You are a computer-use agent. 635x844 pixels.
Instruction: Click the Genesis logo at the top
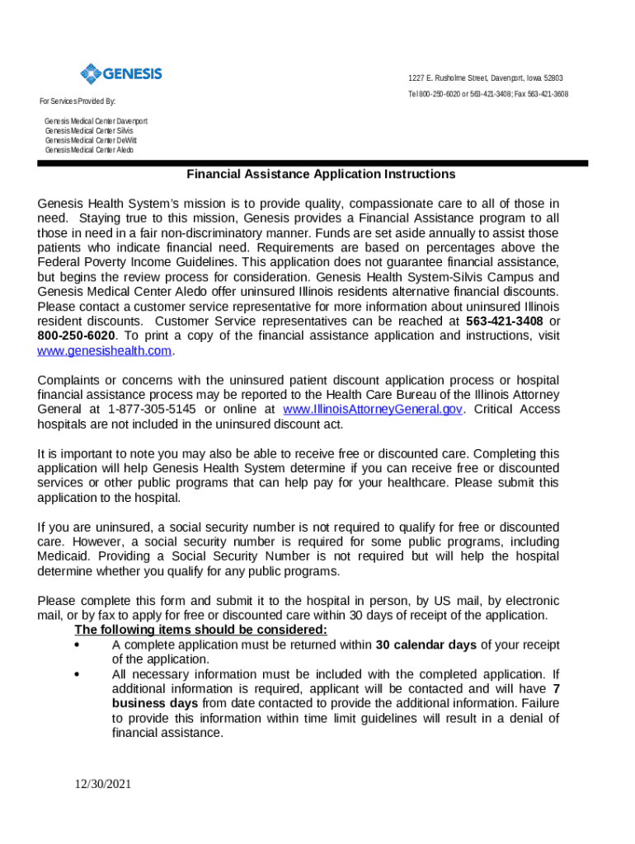tap(120, 75)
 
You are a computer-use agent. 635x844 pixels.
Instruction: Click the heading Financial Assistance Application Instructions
tap(321, 175)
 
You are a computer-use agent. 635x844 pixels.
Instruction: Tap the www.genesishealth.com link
tap(106, 350)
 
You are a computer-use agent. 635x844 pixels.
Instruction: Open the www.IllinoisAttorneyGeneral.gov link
tap(372, 410)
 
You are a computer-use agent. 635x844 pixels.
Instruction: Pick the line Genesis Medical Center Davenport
tap(96, 121)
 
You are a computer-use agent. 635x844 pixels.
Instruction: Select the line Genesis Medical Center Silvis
tap(88, 131)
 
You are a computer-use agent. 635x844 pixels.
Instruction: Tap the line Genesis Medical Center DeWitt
tap(91, 141)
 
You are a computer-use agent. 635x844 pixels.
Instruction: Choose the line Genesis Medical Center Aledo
tap(88, 151)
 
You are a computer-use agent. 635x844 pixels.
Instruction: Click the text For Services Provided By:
tap(78, 101)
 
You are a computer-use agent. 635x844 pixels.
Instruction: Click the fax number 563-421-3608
tap(544, 94)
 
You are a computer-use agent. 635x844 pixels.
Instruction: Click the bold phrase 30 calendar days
tap(426, 645)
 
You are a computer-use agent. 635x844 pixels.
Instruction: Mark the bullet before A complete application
tap(77, 645)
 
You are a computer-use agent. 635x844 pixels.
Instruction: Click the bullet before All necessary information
tap(77, 674)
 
